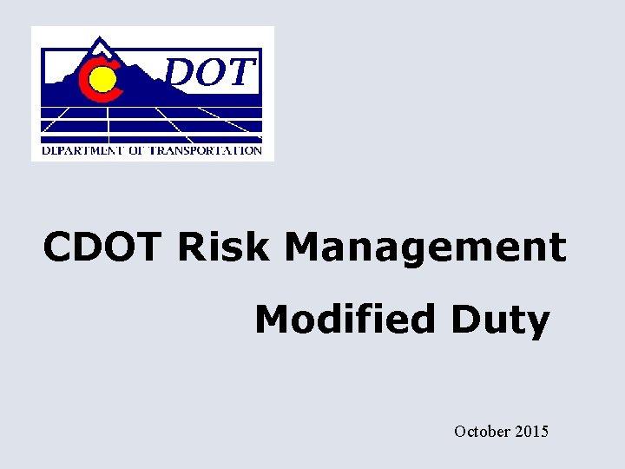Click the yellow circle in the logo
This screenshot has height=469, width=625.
click(102, 81)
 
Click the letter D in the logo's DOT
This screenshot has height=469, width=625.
click(181, 74)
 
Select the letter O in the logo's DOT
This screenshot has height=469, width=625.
click(213, 74)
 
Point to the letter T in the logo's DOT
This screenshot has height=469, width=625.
click(242, 74)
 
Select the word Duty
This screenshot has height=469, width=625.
click(499, 321)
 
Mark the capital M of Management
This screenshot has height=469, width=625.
click(303, 248)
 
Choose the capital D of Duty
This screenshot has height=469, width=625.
click(463, 320)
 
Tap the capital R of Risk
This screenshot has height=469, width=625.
click(190, 248)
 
